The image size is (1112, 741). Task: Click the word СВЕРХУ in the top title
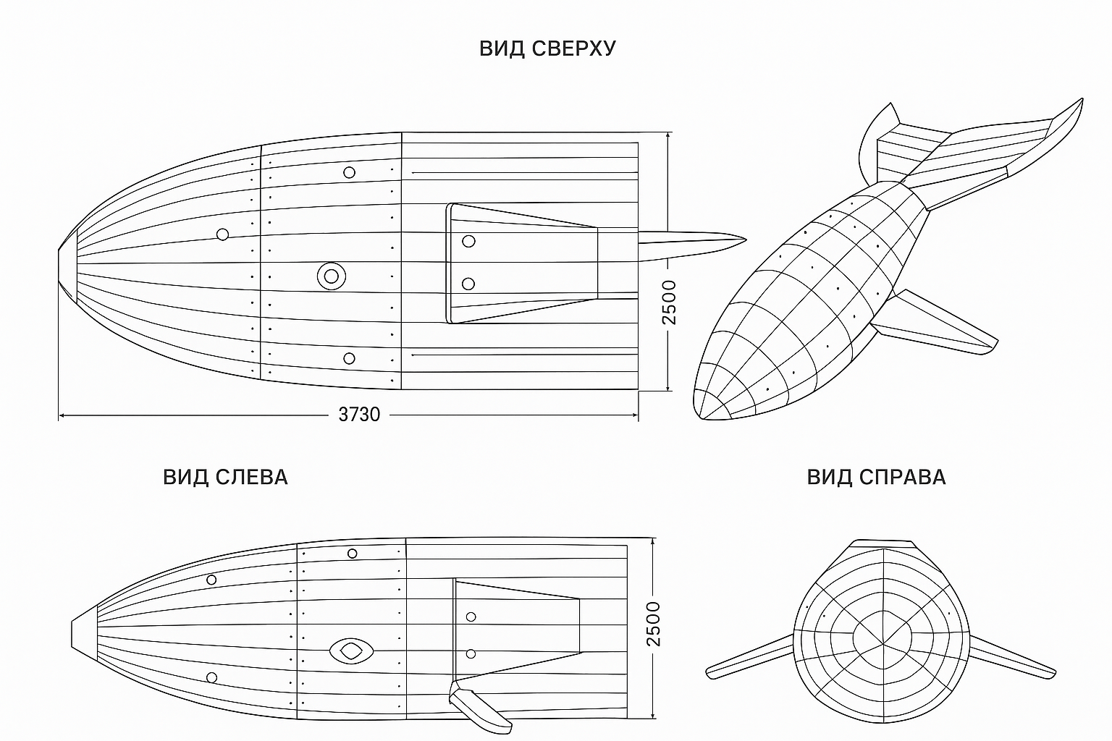pyautogui.click(x=573, y=48)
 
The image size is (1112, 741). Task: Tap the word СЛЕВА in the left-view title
pyautogui.click(x=252, y=477)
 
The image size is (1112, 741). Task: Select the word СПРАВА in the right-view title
pyautogui.click(x=903, y=477)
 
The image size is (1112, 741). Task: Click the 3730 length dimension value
pyautogui.click(x=359, y=415)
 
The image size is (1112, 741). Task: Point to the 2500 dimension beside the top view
pyautogui.click(x=669, y=302)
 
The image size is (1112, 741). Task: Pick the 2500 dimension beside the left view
pyautogui.click(x=654, y=624)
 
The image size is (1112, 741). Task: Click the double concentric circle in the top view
pyautogui.click(x=331, y=276)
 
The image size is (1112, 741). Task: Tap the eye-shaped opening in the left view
pyautogui.click(x=351, y=651)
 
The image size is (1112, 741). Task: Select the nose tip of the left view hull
pyautogui.click(x=72, y=635)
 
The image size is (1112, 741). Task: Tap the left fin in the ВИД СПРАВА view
pyautogui.click(x=749, y=656)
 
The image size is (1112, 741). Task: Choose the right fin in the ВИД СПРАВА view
pyautogui.click(x=1013, y=656)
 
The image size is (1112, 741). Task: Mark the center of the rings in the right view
pyautogui.click(x=883, y=644)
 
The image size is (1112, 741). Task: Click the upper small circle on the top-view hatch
pyautogui.click(x=468, y=241)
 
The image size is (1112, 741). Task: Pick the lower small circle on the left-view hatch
pyautogui.click(x=471, y=654)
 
